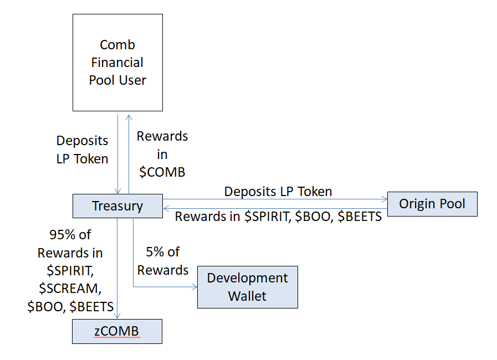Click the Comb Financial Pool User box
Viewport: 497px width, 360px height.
(x=117, y=63)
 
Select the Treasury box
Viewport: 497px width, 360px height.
(x=117, y=206)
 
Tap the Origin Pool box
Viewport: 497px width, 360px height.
(x=432, y=204)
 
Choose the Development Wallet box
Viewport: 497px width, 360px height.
(x=248, y=287)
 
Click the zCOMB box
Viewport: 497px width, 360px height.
(x=117, y=332)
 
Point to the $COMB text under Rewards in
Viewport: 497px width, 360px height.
(x=162, y=172)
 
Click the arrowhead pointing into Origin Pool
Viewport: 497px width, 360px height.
(x=385, y=199)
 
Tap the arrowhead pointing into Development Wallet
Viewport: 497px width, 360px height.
(x=194, y=287)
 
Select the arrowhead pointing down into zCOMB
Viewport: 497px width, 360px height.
(x=117, y=316)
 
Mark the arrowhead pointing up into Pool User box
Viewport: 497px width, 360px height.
(x=129, y=118)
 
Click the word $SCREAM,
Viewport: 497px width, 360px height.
(x=70, y=289)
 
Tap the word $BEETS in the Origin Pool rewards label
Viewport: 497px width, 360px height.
(x=360, y=217)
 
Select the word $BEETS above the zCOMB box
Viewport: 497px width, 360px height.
(x=91, y=307)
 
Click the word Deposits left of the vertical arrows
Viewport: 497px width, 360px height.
(x=82, y=141)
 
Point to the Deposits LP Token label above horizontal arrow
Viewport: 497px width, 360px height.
(x=278, y=192)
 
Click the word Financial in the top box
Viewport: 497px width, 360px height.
(x=117, y=63)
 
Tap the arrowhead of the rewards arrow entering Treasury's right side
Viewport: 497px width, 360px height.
(x=166, y=208)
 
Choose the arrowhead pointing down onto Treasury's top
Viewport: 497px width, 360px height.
(x=117, y=191)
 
